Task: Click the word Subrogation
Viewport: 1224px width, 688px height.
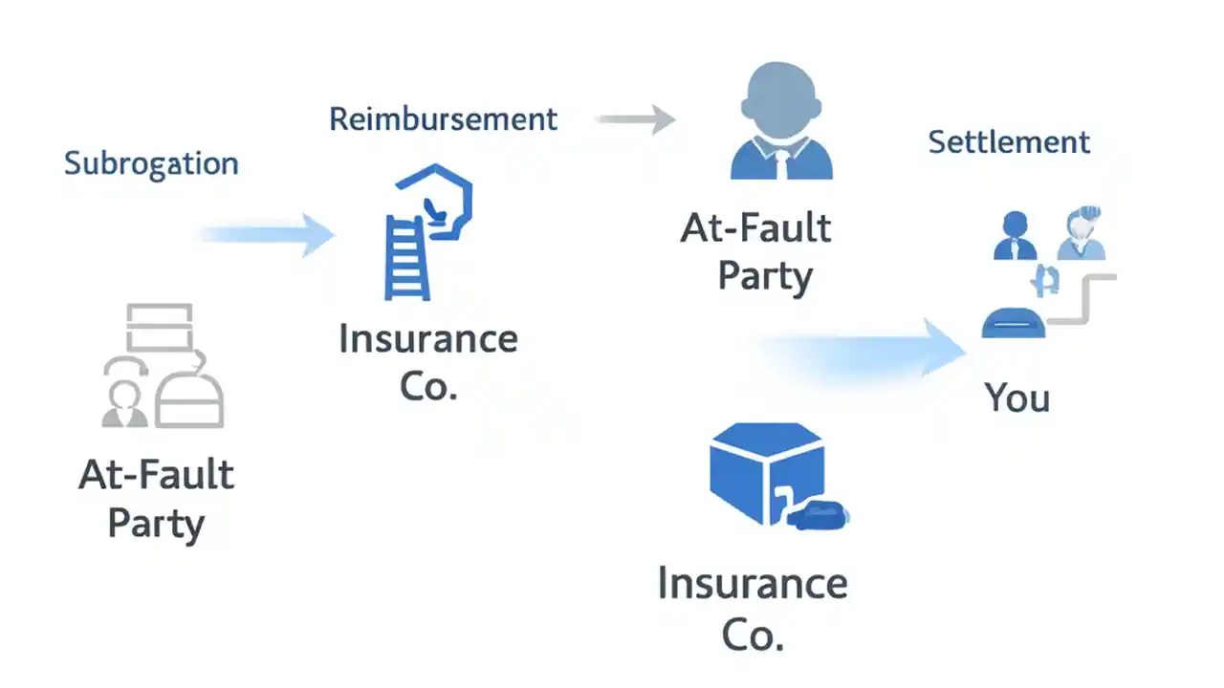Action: coord(151,163)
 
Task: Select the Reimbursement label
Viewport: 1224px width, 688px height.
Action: coord(443,119)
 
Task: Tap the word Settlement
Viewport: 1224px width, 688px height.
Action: coord(1009,142)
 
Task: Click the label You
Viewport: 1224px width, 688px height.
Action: coord(1016,398)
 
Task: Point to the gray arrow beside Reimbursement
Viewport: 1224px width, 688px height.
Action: coord(635,119)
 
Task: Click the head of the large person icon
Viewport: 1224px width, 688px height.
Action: coord(781,99)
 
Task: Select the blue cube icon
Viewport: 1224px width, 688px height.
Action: coord(766,473)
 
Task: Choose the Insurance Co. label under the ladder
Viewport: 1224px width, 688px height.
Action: coord(427,363)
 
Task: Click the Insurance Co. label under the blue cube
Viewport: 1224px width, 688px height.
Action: coord(753,608)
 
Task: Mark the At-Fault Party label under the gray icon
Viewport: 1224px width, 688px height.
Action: coord(156,499)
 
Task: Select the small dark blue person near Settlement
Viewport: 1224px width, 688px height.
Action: coord(1015,236)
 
